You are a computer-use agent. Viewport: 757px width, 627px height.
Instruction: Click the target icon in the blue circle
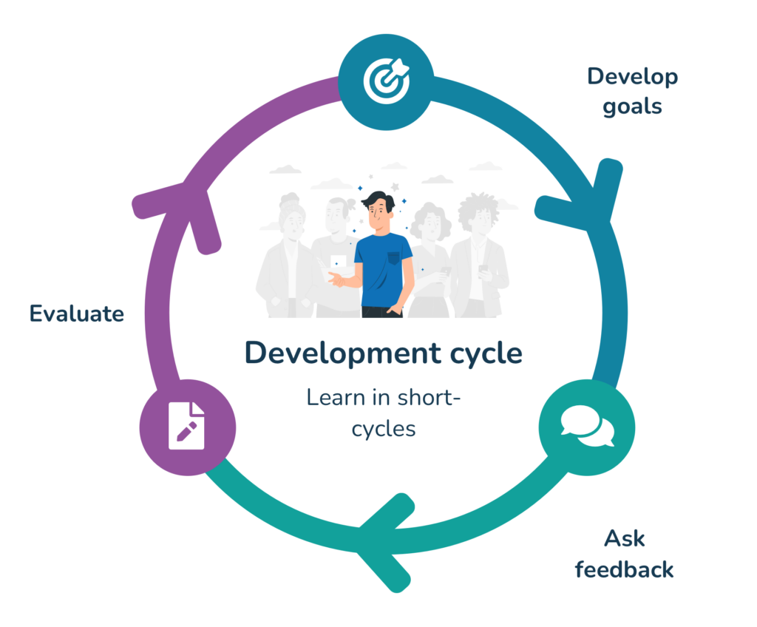(x=386, y=81)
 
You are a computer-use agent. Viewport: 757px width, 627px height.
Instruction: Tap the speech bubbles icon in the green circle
(x=587, y=426)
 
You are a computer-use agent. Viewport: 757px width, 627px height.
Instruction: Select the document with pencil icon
(x=186, y=426)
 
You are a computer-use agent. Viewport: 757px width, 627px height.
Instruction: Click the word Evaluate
(x=77, y=313)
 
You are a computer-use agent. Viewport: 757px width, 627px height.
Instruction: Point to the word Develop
(x=633, y=77)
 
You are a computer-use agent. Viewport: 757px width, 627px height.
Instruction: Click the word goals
(x=632, y=106)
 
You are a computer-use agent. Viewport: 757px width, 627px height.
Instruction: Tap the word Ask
(x=624, y=538)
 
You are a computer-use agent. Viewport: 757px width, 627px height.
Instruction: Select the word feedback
(x=624, y=569)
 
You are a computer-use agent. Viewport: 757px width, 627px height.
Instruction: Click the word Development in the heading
(x=342, y=353)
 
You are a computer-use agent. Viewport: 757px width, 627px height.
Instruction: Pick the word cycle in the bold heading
(x=486, y=353)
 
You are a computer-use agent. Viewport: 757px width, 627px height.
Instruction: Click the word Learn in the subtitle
(x=336, y=398)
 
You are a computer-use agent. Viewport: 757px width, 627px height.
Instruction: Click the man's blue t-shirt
(x=384, y=271)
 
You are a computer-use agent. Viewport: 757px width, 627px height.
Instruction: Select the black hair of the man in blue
(x=378, y=200)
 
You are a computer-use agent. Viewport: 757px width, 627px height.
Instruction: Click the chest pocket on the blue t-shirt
(x=394, y=257)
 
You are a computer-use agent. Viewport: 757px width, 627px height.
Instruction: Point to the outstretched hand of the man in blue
(x=336, y=279)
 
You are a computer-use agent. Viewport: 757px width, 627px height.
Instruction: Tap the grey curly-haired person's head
(x=478, y=212)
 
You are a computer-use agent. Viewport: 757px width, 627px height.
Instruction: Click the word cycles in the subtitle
(x=384, y=430)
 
